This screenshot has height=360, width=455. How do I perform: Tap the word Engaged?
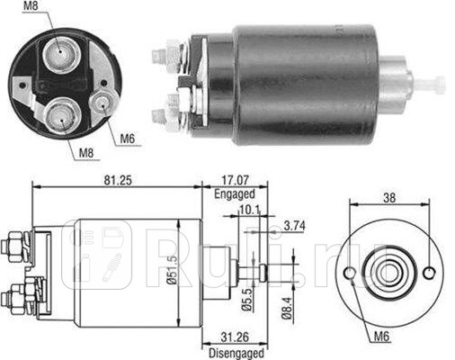pos(234,193)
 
